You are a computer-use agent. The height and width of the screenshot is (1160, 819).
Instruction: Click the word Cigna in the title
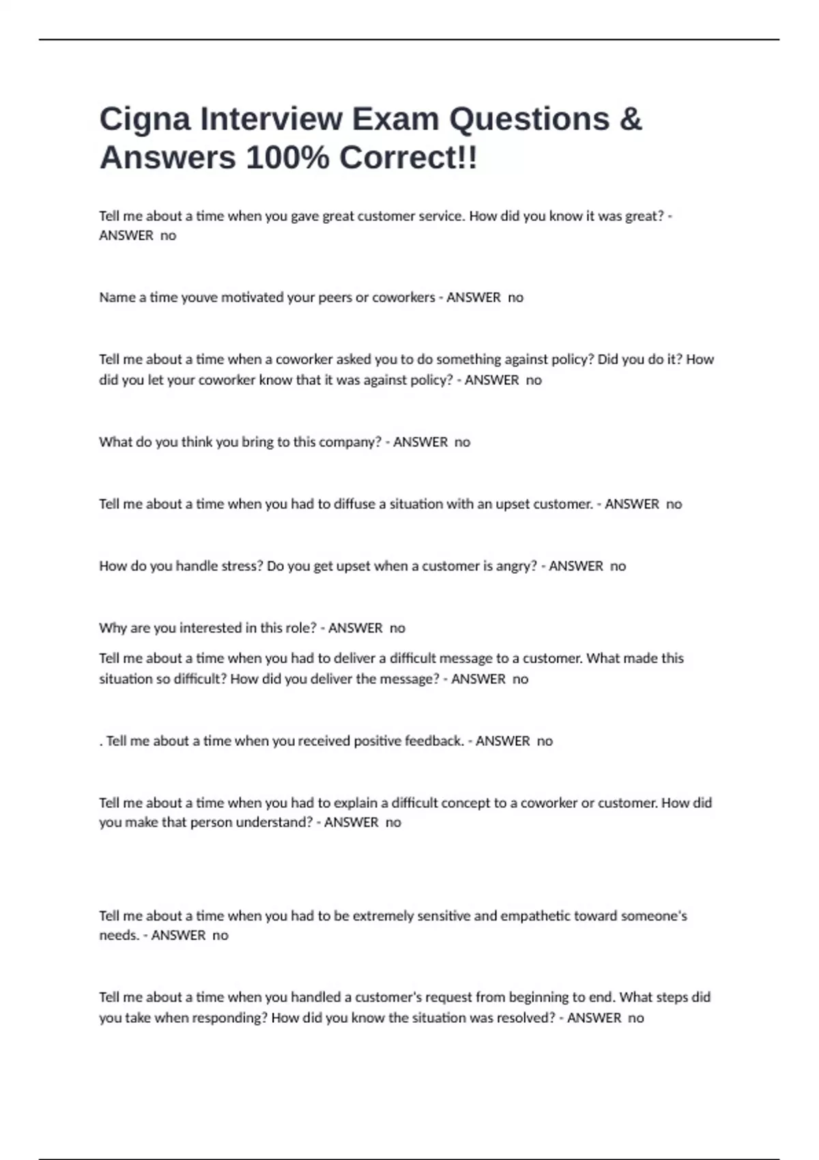pos(145,119)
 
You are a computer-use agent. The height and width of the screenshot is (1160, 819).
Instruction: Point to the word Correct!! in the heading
pos(408,158)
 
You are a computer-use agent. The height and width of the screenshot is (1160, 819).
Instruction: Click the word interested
pos(214,628)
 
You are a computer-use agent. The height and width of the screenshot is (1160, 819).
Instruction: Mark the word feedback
pos(434,741)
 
